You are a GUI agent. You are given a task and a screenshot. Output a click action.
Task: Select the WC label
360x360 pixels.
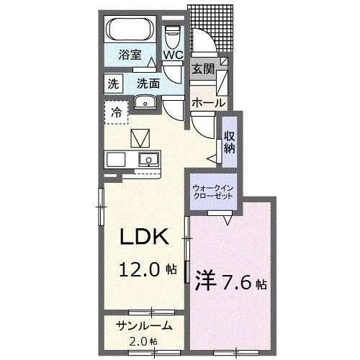click(x=172, y=55)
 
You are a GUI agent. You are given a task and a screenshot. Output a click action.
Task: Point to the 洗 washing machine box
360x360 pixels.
click(x=113, y=83)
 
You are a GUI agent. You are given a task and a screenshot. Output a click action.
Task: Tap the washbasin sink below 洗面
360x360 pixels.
click(x=147, y=102)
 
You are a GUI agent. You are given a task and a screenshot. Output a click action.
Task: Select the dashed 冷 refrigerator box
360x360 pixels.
click(x=117, y=112)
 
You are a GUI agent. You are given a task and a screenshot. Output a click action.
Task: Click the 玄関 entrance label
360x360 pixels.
click(x=202, y=69)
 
